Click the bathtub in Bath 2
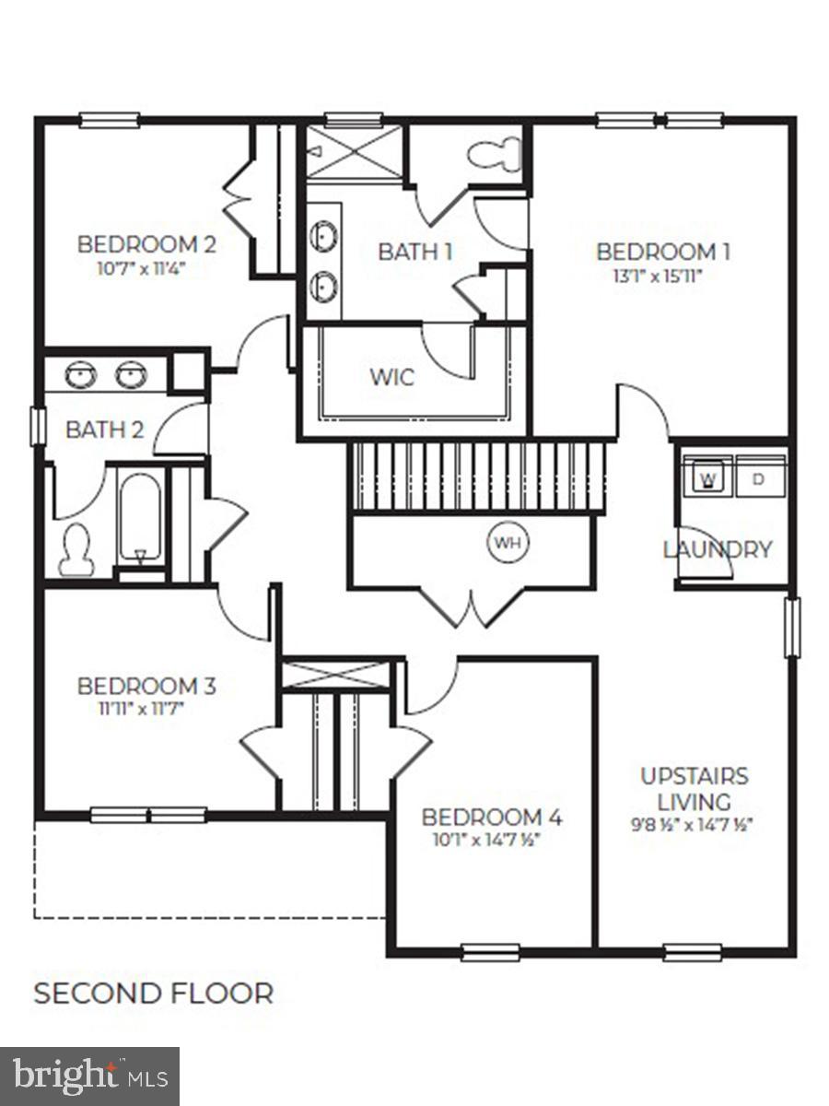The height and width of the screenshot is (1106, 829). [140, 518]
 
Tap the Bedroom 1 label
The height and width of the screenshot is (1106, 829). [656, 252]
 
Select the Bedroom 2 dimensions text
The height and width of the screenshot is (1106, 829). [146, 269]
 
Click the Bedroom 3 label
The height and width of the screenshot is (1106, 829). [146, 687]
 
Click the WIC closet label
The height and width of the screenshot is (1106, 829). [391, 378]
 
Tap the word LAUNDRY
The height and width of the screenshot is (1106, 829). [718, 550]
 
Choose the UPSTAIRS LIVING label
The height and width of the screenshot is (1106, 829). [695, 788]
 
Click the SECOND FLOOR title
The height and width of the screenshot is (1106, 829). [153, 994]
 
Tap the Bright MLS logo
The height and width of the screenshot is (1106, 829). [89, 1076]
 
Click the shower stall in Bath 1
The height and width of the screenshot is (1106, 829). [355, 151]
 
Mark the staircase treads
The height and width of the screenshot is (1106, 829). [478, 477]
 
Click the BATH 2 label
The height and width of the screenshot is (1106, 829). [105, 429]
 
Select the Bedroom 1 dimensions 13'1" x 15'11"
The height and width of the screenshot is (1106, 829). [656, 276]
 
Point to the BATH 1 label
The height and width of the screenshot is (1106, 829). [415, 251]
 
